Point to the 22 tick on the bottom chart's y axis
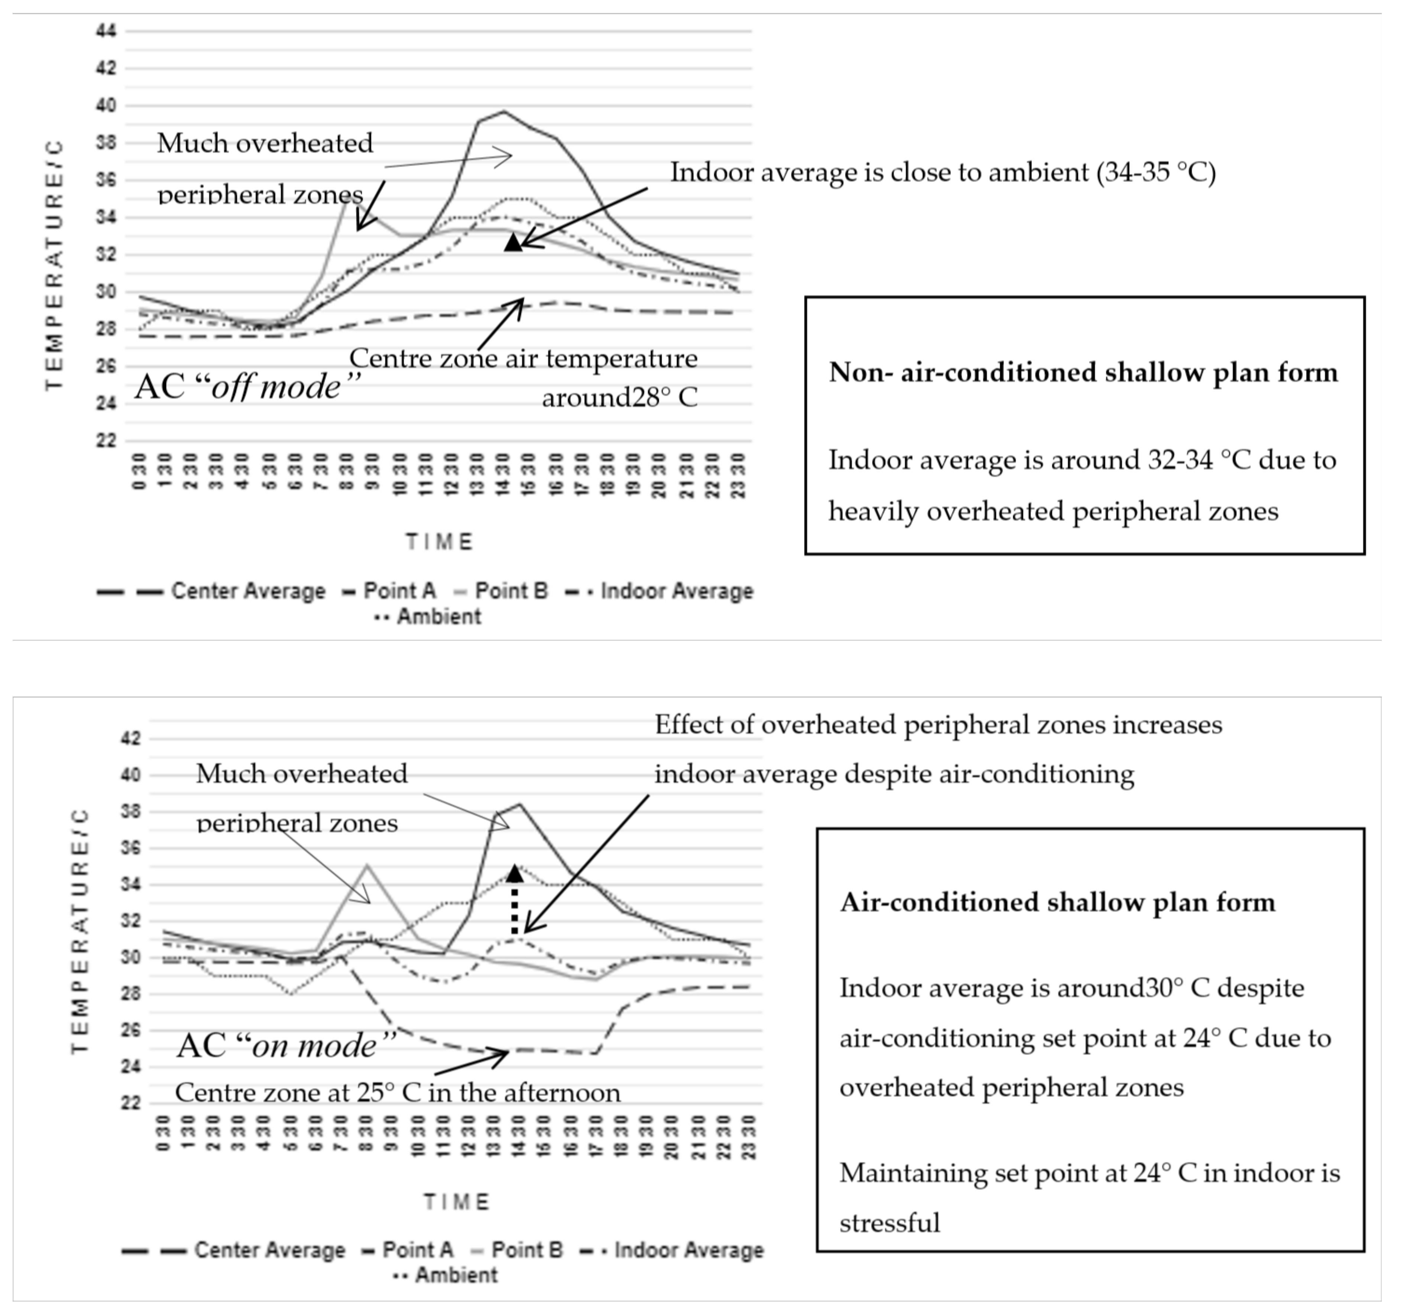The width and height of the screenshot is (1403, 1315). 131,1103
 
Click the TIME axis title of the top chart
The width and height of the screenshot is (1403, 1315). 439,542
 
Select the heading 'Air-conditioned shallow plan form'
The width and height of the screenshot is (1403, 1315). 1057,902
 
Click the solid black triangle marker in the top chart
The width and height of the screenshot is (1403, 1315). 513,243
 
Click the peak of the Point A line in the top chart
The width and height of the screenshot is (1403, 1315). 503,111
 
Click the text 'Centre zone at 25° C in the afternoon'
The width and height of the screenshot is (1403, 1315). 397,1093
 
